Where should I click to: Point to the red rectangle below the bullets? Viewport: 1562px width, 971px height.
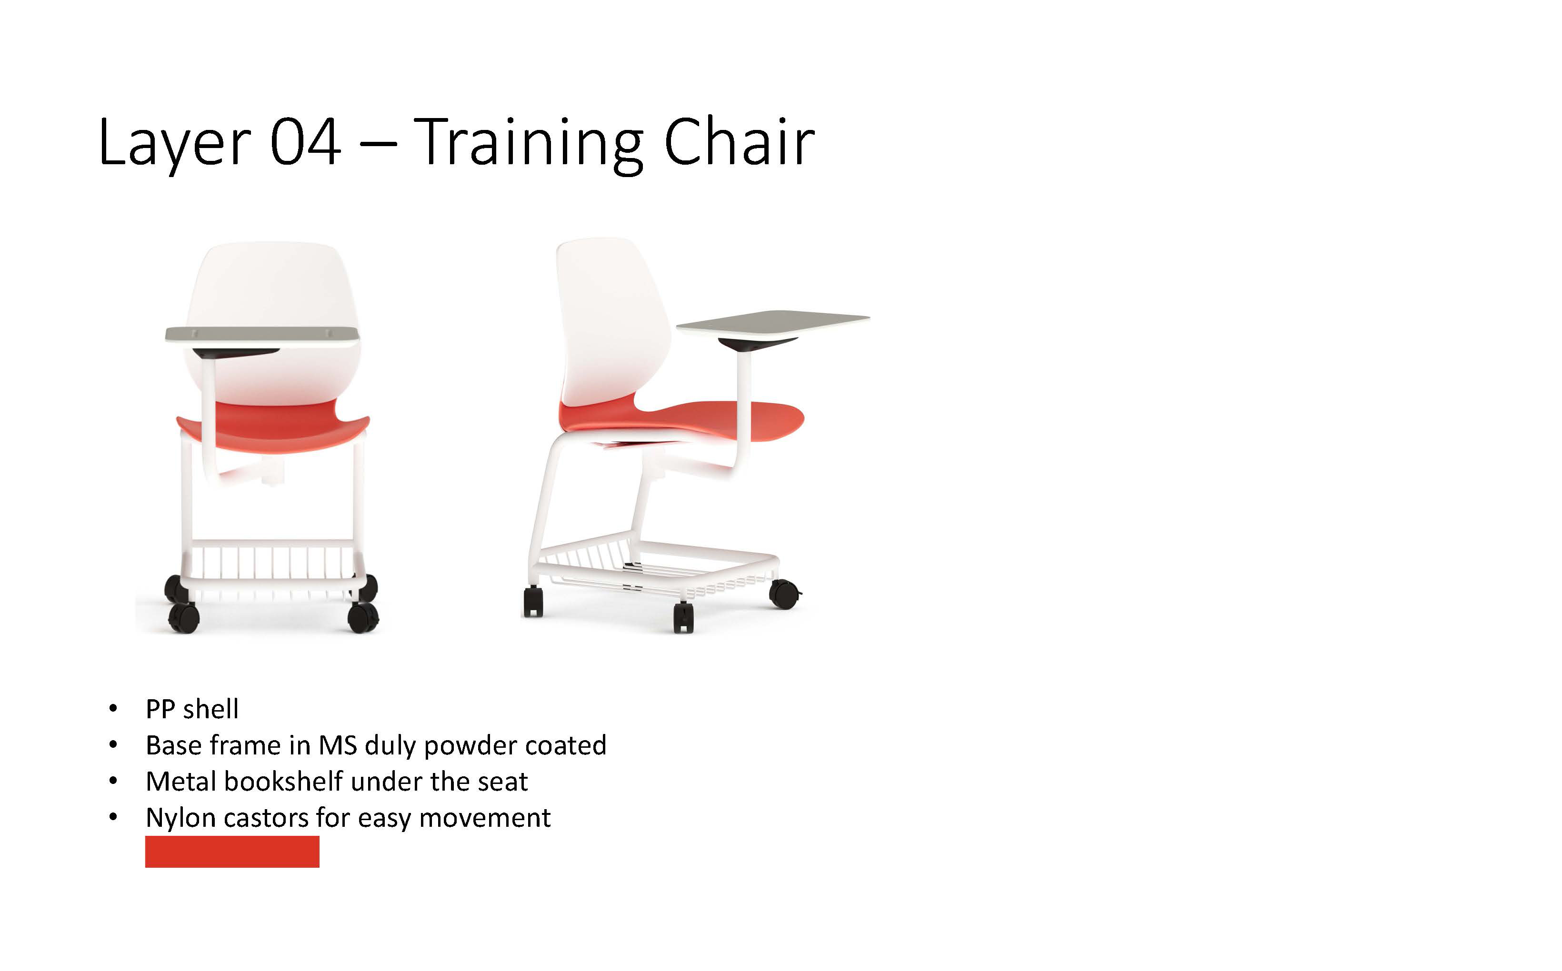232,852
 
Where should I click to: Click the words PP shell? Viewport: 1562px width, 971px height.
192,709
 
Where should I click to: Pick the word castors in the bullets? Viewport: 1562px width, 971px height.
266,818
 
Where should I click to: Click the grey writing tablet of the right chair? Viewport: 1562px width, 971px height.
772,322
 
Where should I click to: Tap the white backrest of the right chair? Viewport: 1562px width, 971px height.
611,321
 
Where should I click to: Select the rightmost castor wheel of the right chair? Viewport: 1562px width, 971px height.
784,594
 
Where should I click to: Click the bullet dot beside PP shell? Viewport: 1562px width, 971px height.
113,709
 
